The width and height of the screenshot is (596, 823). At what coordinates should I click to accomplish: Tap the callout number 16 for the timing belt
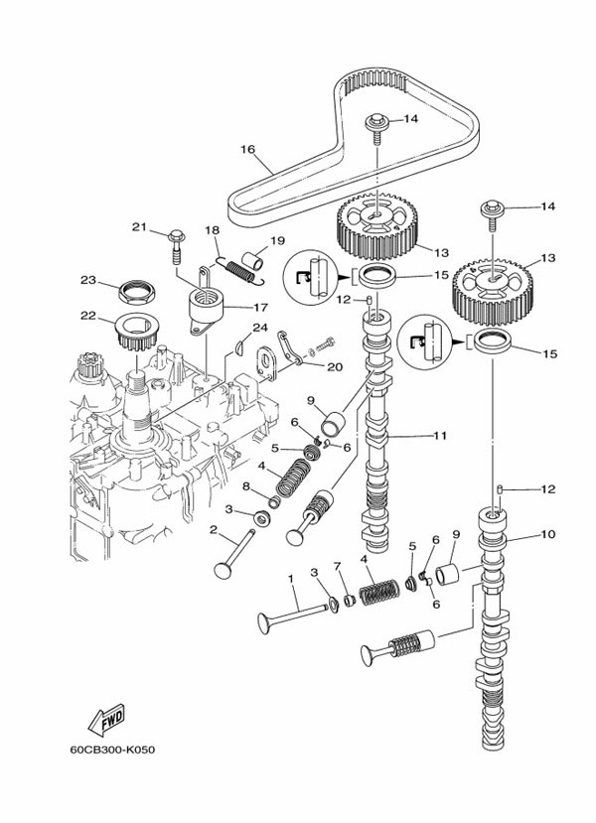click(247, 150)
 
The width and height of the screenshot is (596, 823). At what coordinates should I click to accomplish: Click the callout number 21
click(139, 227)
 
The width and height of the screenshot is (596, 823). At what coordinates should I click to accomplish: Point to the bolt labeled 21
click(176, 240)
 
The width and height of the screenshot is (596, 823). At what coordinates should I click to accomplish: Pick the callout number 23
click(87, 280)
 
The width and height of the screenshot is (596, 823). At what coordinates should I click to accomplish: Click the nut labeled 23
click(133, 291)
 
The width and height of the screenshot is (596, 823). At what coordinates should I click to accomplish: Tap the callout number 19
click(276, 240)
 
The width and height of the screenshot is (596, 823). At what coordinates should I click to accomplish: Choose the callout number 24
click(259, 327)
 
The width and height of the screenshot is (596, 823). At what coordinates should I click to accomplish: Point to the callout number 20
click(334, 366)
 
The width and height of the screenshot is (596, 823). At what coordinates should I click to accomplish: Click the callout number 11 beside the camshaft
click(440, 434)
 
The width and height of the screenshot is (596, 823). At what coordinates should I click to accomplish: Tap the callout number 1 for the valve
click(291, 578)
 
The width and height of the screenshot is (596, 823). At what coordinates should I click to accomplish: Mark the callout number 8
click(246, 485)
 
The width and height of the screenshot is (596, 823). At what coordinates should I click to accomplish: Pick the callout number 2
click(213, 529)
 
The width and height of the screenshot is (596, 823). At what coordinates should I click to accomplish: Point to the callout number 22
click(87, 316)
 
